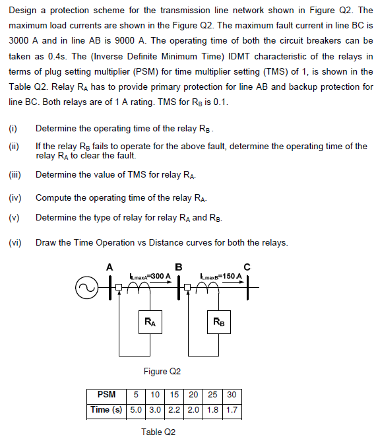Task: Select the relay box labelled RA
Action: point(150,322)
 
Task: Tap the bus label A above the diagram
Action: point(110,266)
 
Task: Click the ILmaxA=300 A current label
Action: point(150,275)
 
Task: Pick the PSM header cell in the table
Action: point(106,395)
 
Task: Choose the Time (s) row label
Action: point(106,409)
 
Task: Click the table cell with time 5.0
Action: point(135,409)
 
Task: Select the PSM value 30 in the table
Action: point(231,395)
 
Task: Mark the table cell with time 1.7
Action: point(231,409)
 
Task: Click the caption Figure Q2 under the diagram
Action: point(162,371)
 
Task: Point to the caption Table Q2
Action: point(158,432)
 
